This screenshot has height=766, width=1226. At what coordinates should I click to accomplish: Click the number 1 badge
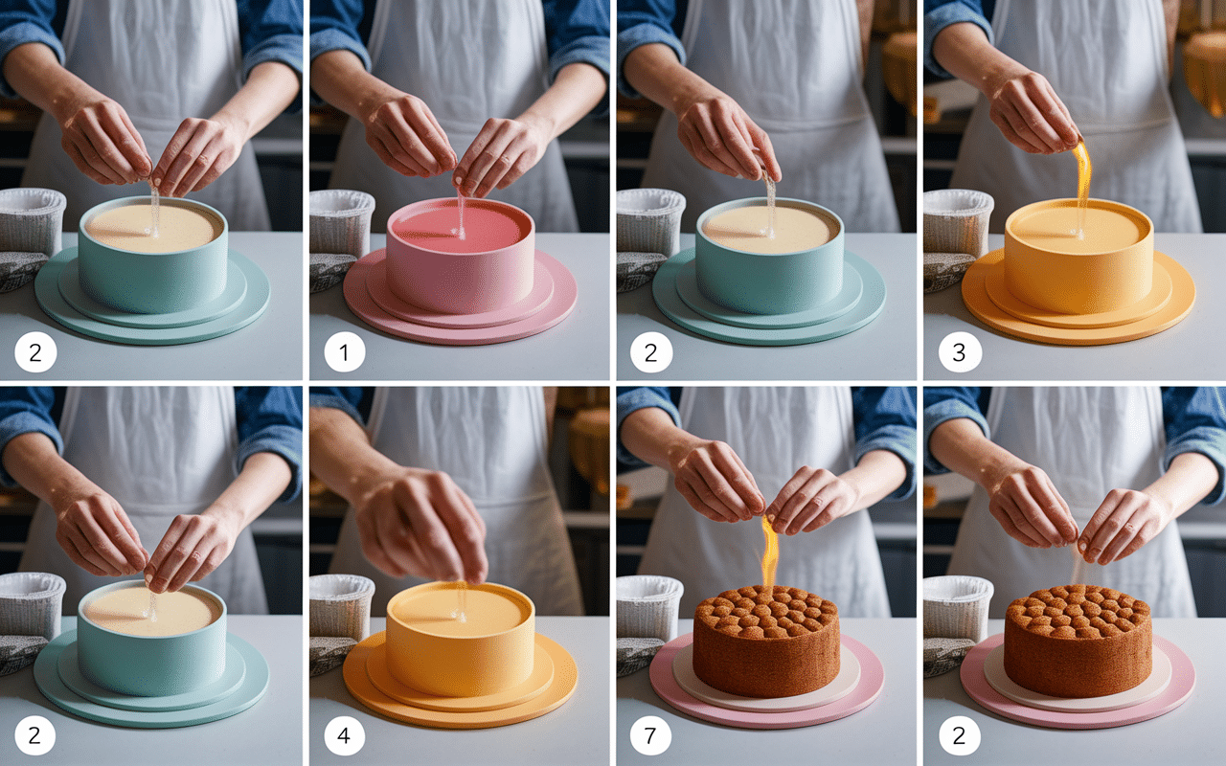coord(344,352)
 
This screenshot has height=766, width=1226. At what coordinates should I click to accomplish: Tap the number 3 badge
coord(959,352)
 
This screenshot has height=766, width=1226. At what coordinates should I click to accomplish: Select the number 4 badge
coord(344,735)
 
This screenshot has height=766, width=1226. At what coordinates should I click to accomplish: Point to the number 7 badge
coord(650,735)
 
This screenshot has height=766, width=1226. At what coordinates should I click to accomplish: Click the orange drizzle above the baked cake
coord(769,552)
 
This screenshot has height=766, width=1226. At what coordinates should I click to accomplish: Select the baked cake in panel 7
coord(766,641)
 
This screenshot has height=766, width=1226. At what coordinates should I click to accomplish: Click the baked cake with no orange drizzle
coord(1078,641)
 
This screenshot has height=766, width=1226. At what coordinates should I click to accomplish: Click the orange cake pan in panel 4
coord(461,638)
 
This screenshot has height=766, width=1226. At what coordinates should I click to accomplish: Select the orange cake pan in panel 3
coord(1079,255)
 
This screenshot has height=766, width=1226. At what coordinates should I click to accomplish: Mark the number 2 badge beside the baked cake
coord(959,735)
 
